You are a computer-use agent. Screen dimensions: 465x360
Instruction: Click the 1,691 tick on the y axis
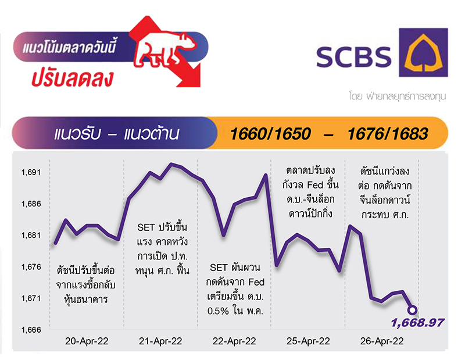click(31, 172)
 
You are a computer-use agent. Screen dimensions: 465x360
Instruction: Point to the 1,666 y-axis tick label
click(31, 330)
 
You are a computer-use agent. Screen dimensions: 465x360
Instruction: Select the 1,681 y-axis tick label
click(31, 236)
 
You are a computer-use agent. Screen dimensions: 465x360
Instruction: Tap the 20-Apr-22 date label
click(87, 341)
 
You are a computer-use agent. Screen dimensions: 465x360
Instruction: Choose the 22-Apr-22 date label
click(234, 341)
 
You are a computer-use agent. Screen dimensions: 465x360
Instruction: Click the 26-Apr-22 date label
click(382, 341)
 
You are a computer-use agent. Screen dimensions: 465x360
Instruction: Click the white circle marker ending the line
click(412, 310)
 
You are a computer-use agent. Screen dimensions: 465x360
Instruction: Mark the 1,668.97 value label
click(417, 323)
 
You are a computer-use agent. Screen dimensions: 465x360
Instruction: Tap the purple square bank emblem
click(423, 52)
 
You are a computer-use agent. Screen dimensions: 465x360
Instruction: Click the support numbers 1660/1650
click(270, 134)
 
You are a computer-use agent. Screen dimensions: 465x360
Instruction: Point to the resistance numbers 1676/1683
click(388, 134)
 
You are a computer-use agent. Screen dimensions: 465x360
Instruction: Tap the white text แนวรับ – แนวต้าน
click(117, 134)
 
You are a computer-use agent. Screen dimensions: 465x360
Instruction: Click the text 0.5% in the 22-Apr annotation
click(218, 311)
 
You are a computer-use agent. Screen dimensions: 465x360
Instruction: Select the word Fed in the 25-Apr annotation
click(315, 185)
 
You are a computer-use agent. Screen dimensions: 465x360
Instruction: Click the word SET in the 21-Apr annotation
click(146, 227)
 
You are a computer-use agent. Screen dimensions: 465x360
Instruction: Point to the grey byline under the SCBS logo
click(398, 97)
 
